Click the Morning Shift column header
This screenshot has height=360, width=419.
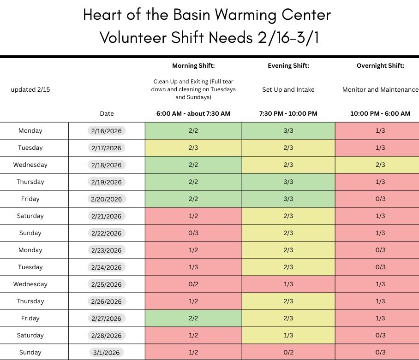193,66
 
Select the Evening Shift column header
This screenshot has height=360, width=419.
288,66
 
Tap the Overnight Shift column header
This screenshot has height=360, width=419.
380,66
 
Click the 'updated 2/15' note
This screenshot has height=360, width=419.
30,90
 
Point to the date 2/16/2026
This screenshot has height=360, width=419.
106,131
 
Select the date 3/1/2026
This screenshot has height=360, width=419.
106,353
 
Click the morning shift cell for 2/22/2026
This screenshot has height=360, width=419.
193,233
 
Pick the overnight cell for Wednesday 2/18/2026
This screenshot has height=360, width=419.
380,165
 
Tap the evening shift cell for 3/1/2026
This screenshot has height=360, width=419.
288,352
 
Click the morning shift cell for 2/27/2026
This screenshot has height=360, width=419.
193,318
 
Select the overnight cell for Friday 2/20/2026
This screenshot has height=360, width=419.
380,199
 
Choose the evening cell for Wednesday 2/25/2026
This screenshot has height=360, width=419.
288,284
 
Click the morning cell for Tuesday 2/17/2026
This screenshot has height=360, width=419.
193,148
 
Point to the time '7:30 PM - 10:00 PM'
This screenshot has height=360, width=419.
288,113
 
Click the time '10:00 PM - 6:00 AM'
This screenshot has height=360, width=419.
380,113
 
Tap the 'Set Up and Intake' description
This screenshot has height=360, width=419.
288,90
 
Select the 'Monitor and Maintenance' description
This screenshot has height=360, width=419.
380,90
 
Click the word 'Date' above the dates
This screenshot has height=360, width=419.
107,113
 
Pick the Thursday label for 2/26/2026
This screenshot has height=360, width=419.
30,301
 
